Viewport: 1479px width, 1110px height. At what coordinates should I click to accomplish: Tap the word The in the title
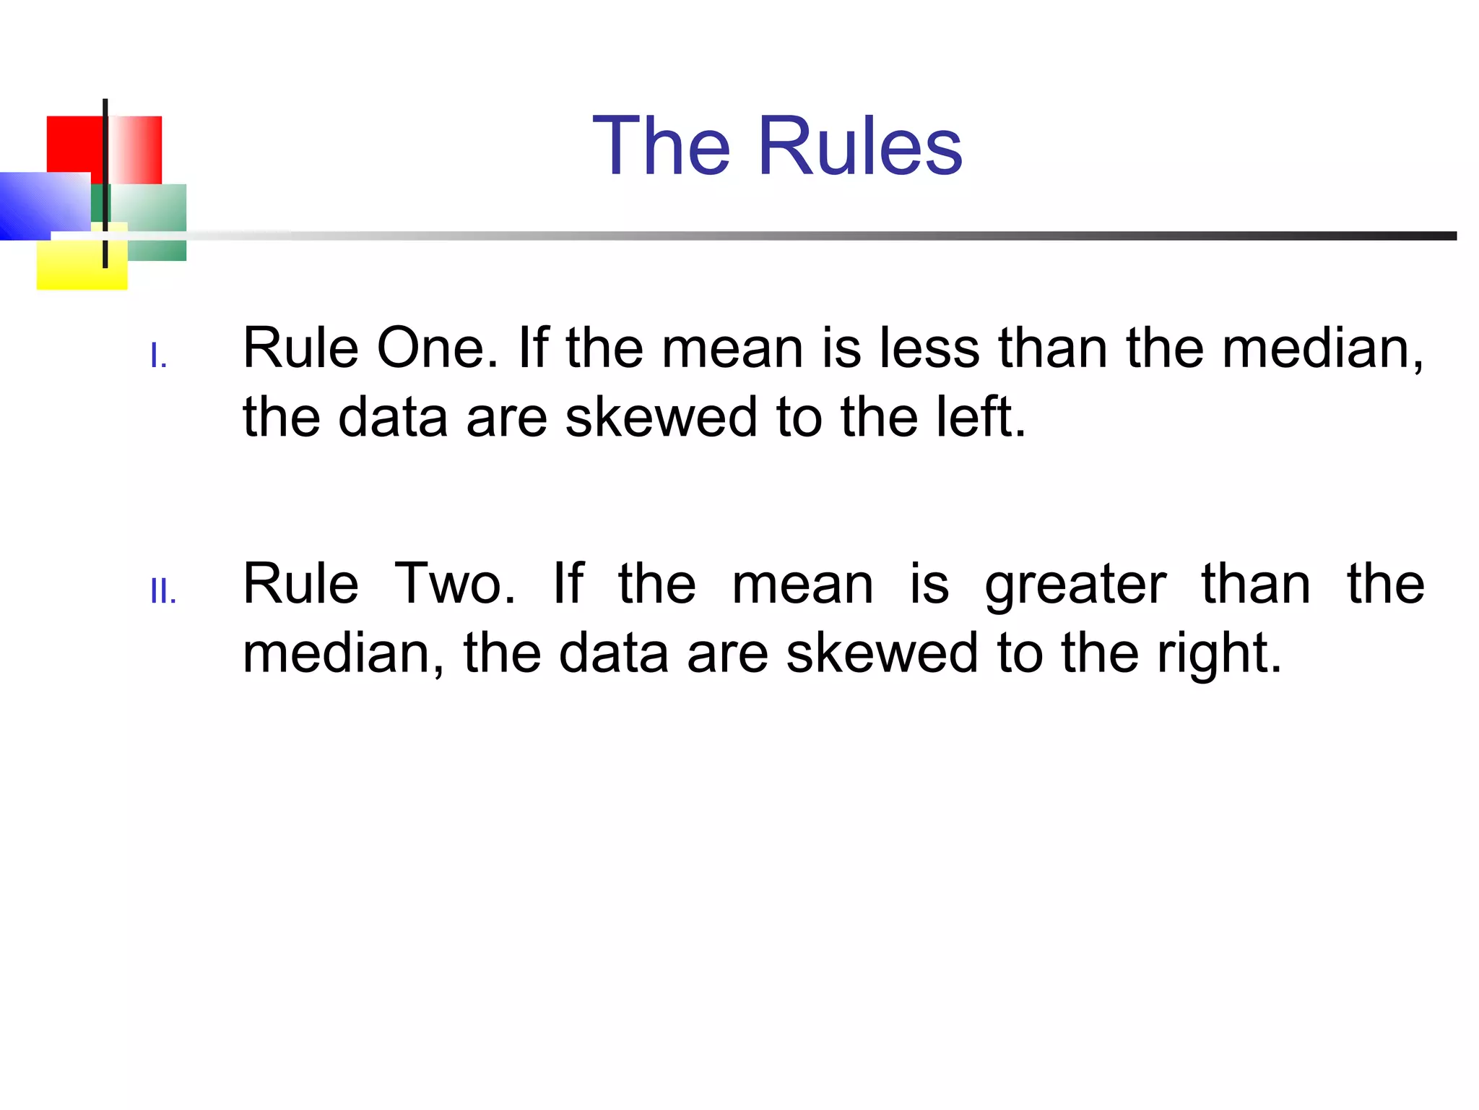[662, 147]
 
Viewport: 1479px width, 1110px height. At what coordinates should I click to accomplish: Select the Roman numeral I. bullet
[159, 356]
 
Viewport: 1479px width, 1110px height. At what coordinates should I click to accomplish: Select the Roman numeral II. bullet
[163, 592]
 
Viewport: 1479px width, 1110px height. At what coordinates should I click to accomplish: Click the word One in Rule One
[437, 349]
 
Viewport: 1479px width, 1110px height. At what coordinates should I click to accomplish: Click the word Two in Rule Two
[455, 584]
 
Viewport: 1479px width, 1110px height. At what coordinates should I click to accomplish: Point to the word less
[929, 349]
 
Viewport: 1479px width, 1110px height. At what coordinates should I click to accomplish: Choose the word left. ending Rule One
[981, 418]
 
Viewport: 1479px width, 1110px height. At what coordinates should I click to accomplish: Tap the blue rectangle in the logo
[40, 204]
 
